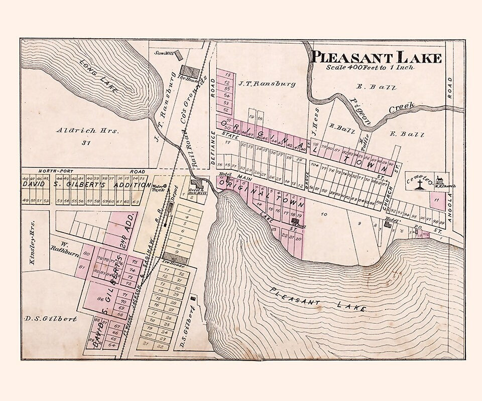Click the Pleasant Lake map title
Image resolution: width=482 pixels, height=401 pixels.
pyautogui.click(x=376, y=57)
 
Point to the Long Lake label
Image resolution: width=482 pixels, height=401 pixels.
pyautogui.click(x=98, y=76)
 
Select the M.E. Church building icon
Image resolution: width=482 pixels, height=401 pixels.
pyautogui.click(x=438, y=179)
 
